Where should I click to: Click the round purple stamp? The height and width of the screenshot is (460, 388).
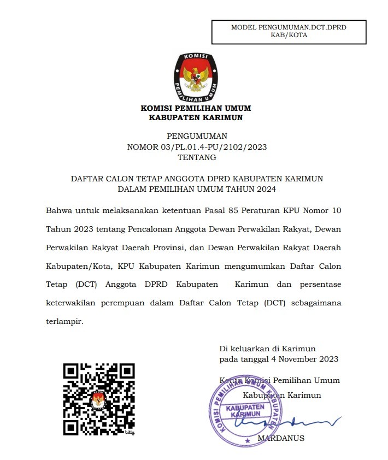click(x=245, y=411)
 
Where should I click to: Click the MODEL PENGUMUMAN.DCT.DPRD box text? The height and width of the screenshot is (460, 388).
click(x=289, y=27)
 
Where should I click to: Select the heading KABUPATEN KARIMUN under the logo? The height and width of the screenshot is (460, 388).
click(x=196, y=117)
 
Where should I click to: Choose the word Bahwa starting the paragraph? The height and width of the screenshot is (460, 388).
click(x=58, y=210)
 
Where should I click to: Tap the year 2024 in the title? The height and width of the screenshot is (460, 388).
click(x=265, y=190)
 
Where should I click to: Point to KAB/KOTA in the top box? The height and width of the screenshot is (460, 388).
click(x=289, y=35)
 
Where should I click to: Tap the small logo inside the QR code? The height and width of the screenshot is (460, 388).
click(x=98, y=399)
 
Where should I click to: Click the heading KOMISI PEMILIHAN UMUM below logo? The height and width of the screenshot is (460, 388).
click(x=196, y=108)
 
